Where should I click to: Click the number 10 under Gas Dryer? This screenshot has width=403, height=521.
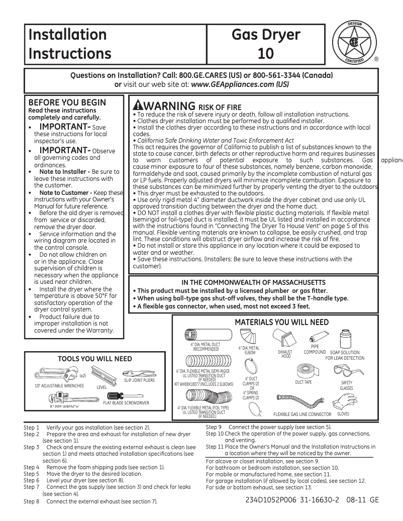point(266,53)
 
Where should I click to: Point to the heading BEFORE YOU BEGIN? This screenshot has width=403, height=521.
point(67,102)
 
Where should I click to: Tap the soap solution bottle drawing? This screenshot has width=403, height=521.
point(345,340)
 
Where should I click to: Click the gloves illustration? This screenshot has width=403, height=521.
point(343,402)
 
